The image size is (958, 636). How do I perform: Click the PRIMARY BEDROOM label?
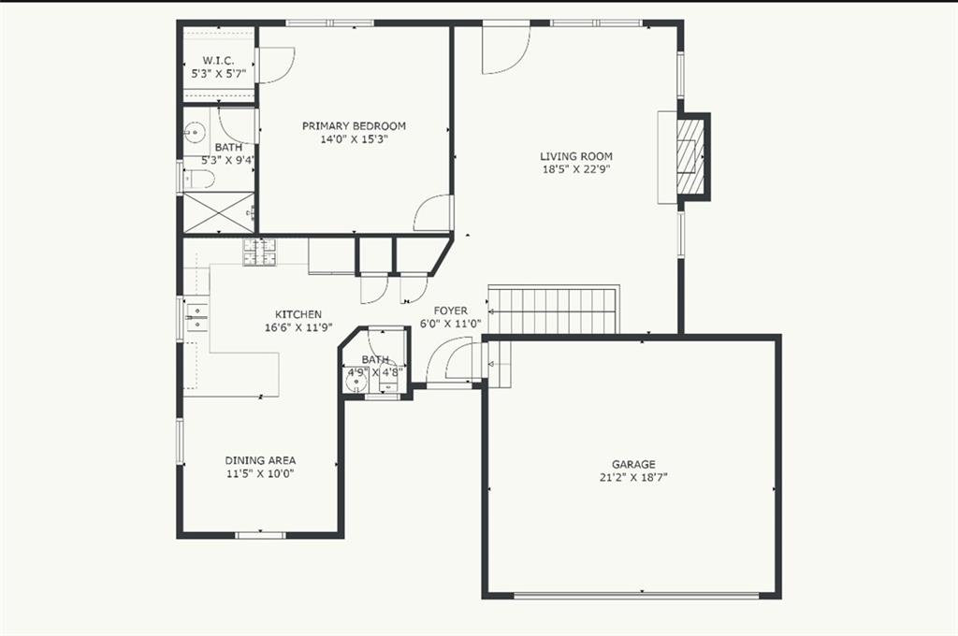354,126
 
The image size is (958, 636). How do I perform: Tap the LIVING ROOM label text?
576,156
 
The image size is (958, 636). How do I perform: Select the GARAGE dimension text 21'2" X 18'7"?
633,478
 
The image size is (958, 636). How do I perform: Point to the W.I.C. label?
219,61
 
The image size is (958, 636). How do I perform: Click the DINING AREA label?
260,461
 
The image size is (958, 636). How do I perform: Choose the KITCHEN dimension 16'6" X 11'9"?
298,327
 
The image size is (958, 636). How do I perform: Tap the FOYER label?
451,311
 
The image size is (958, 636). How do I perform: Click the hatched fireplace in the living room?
690,156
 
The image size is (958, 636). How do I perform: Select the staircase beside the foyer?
554,311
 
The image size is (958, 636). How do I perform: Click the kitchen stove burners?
260,253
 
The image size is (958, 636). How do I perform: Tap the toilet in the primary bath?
200,180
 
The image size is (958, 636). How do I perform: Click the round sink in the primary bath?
196,132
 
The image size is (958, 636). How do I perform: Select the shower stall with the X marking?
219,212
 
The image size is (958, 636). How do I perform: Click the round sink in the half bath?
355,383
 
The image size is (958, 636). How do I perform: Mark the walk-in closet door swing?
276,65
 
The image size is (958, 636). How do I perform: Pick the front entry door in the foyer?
450,364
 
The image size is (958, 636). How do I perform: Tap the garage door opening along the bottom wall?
636,595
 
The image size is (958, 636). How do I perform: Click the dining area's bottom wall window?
261,536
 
